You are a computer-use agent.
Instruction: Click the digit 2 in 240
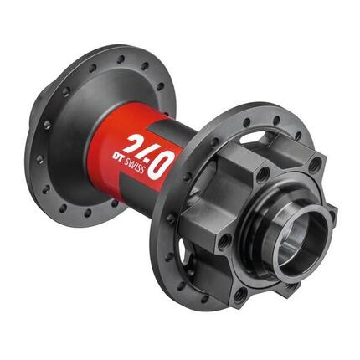[x=131, y=143]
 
